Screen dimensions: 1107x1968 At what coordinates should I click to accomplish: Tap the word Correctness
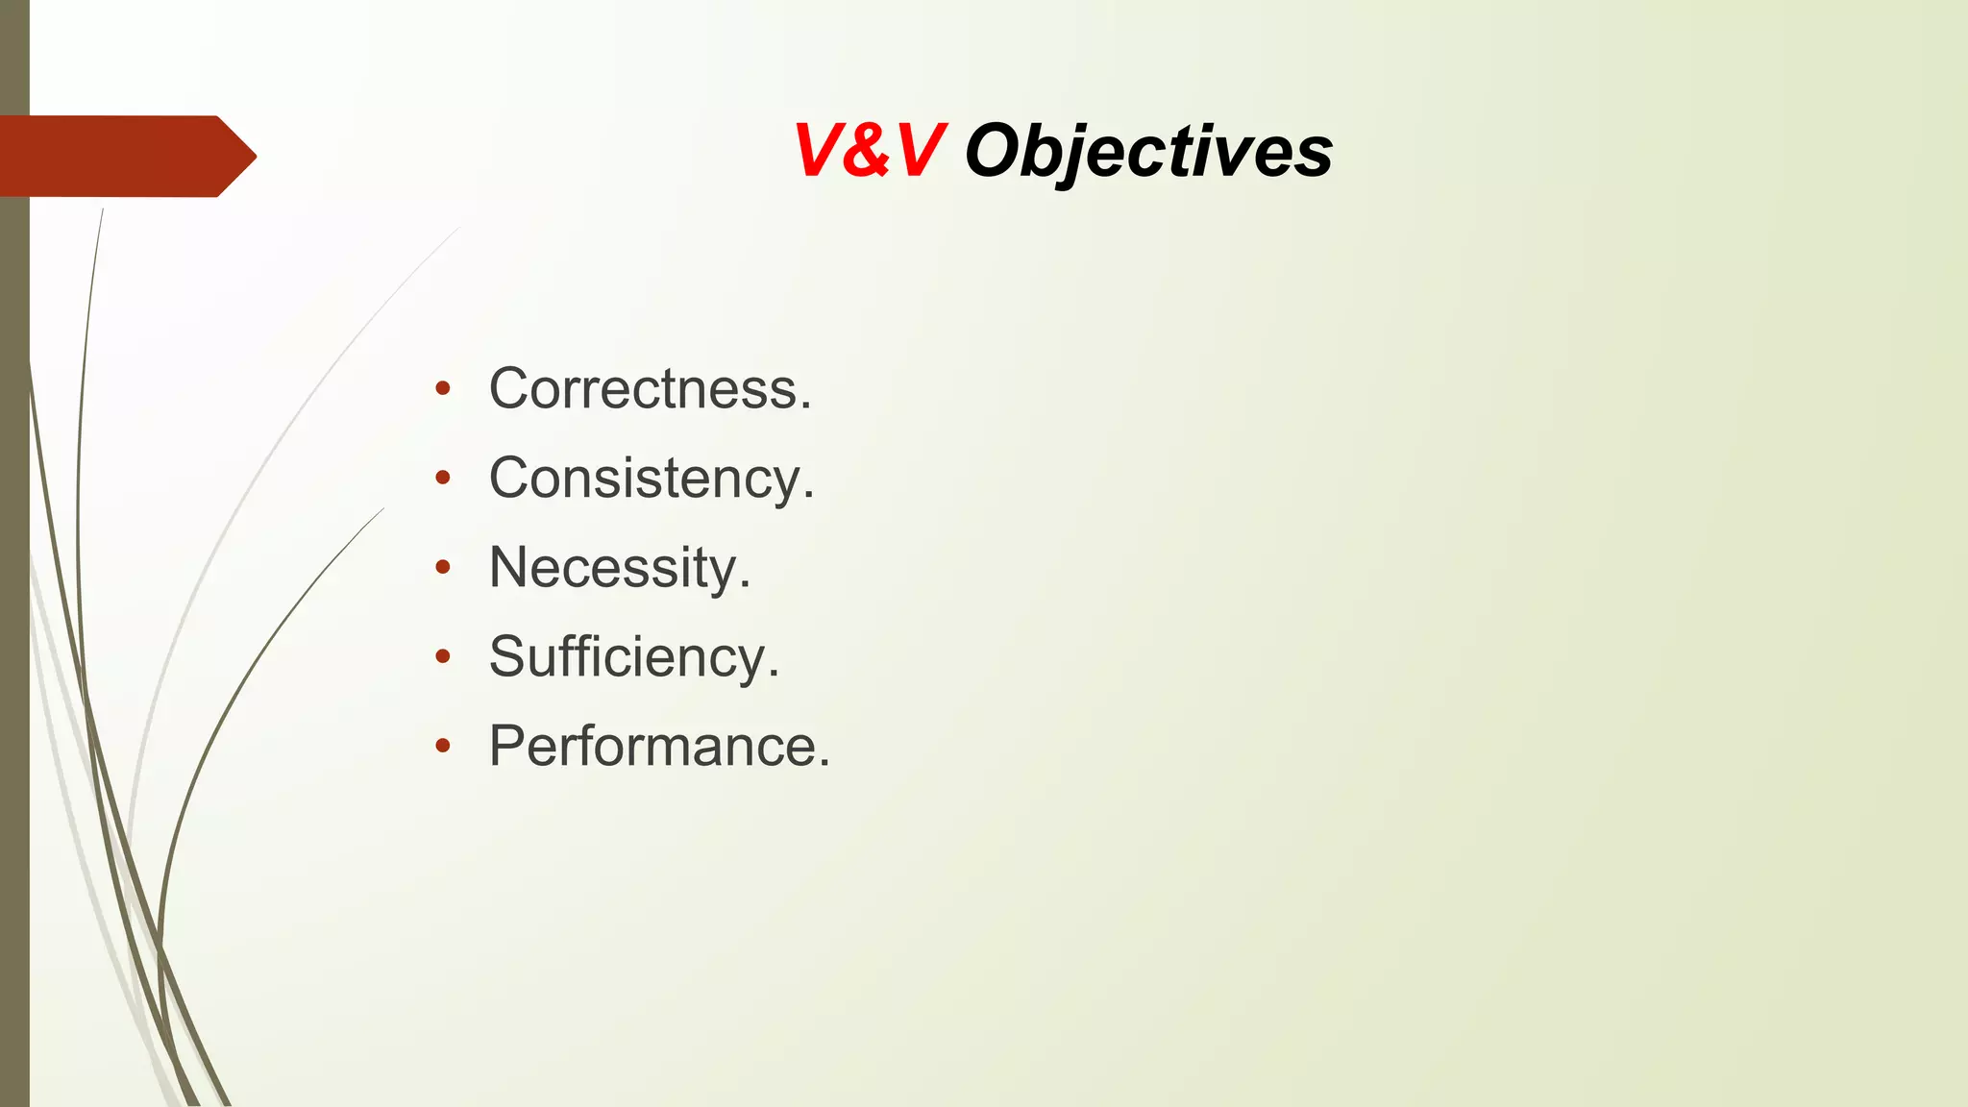coord(650,389)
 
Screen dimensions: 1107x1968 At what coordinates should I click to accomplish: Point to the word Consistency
coord(651,479)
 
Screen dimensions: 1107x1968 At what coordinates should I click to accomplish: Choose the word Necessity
coord(619,568)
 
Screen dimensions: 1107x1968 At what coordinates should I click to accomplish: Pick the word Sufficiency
coord(633,657)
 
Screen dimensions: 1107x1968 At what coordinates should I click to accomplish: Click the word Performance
coord(658,746)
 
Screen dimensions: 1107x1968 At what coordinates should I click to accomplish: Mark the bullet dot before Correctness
coord(442,389)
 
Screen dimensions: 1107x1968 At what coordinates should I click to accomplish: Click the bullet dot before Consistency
coord(442,478)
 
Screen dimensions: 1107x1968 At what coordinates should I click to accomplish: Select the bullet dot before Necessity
coord(442,567)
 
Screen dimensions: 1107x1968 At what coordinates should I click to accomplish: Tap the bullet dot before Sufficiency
coord(442,656)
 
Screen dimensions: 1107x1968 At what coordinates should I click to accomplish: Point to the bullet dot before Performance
coord(442,746)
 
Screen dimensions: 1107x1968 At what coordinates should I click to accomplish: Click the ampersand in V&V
coord(870,152)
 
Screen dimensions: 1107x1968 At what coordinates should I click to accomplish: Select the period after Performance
coord(824,764)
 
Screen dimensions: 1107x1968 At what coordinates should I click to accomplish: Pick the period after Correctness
coord(805,407)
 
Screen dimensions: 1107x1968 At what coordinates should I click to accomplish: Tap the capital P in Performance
coord(507,746)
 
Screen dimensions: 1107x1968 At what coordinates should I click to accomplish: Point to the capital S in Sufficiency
coord(507,657)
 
